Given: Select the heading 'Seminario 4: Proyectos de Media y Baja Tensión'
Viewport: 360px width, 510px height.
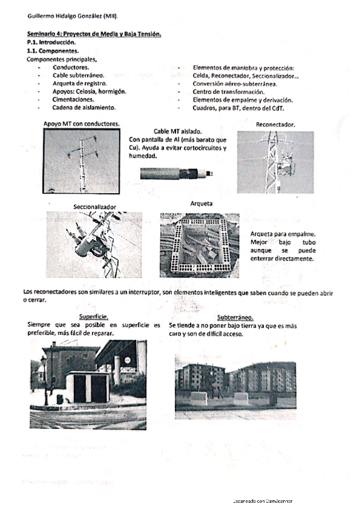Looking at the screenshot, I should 94,35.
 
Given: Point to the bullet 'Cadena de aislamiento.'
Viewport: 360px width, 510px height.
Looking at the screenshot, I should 84,108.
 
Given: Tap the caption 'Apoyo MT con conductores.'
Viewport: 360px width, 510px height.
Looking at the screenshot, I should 81,124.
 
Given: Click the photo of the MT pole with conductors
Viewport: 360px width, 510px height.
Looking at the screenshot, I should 82,161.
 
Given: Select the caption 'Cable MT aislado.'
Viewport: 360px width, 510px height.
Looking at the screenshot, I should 178,131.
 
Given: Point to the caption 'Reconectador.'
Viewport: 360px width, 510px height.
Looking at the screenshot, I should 275,125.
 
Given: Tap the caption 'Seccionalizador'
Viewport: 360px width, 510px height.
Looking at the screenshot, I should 94,207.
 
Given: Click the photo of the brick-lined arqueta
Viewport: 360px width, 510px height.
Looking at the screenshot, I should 200,245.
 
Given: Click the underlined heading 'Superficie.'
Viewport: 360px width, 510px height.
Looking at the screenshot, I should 94,317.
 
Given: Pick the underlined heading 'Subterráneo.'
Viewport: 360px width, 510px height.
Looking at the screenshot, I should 235,317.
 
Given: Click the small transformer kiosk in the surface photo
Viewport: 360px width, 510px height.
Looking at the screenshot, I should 87,387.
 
